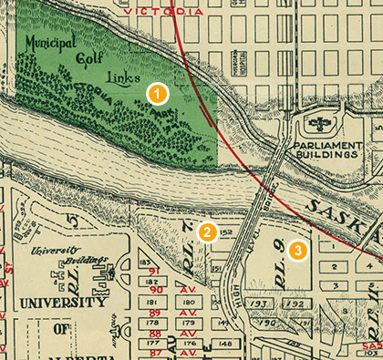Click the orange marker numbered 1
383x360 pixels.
click(158, 93)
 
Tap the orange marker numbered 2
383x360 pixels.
click(208, 232)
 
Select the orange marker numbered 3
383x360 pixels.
click(296, 247)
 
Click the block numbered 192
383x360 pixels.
click(295, 303)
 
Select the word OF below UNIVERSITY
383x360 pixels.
click(63, 330)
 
